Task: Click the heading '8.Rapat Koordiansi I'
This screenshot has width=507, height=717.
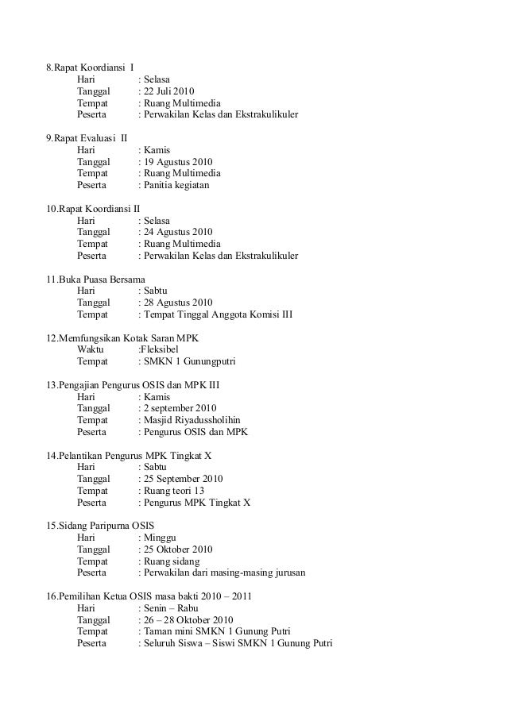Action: [x=90, y=66]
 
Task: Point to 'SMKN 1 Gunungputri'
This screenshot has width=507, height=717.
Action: [x=189, y=361]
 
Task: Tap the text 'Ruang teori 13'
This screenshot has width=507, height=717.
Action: [x=172, y=491]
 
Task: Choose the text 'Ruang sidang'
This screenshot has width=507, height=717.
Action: [x=169, y=561]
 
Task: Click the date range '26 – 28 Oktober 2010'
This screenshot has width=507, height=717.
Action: [x=188, y=619]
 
